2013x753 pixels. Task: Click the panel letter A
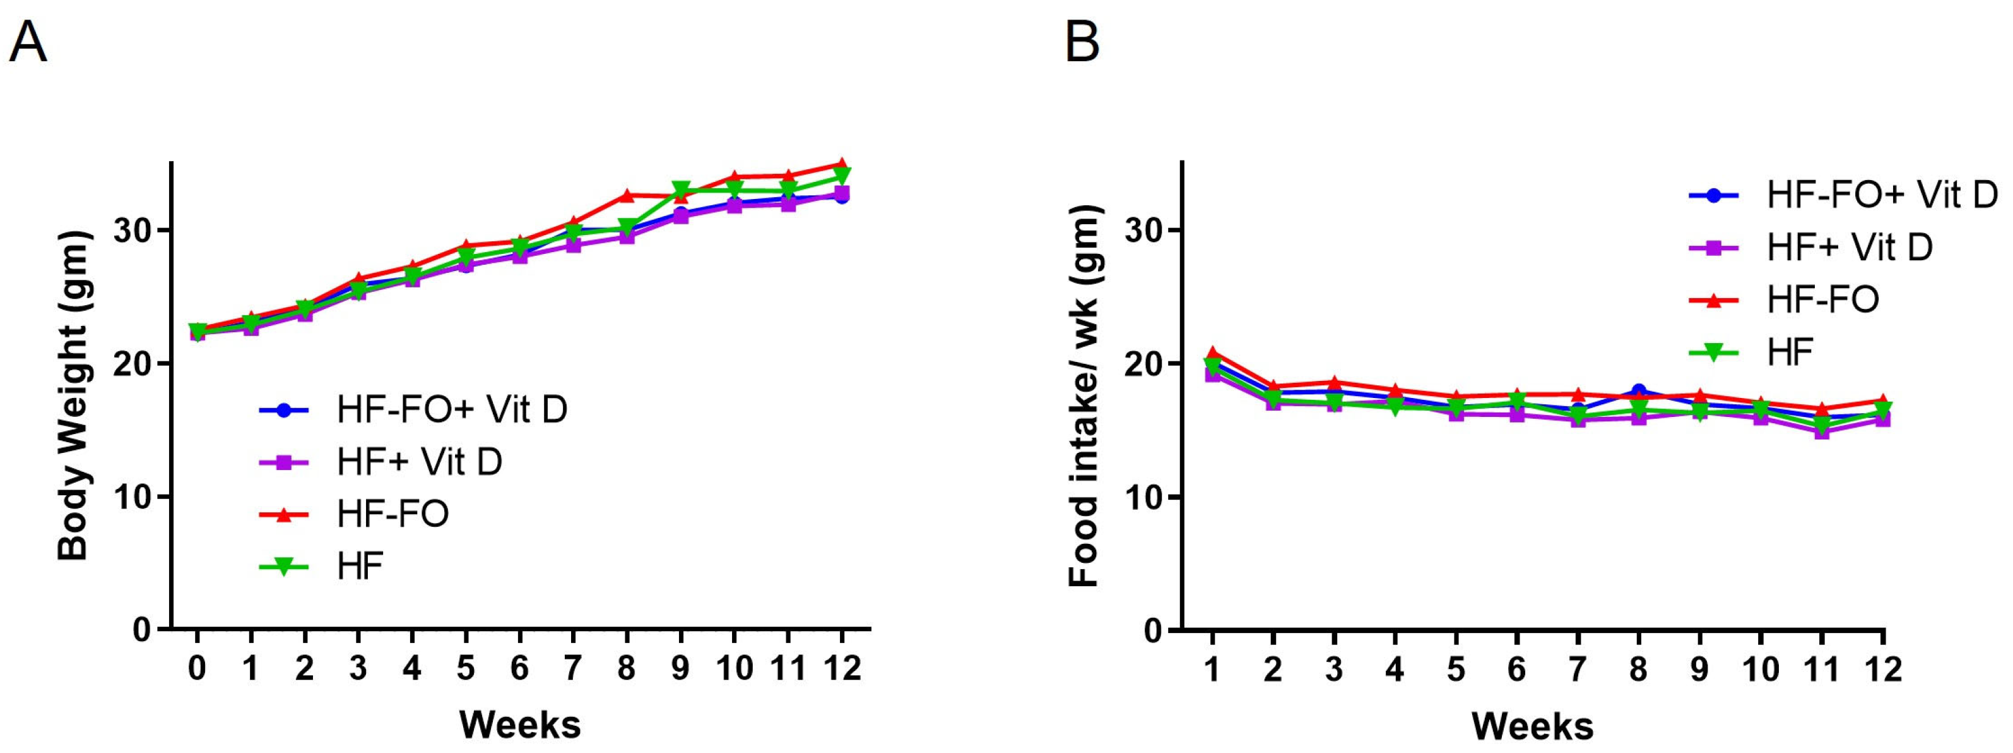[28, 42]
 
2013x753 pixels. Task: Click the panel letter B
[1082, 42]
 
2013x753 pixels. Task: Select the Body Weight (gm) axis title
[74, 395]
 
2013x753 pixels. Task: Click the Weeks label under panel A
[520, 725]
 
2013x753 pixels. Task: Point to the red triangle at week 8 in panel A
[627, 195]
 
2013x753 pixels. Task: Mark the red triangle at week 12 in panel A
[842, 164]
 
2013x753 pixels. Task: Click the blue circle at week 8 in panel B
[1639, 390]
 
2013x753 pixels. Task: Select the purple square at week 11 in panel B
[1822, 431]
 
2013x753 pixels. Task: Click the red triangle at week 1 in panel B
[1212, 352]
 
